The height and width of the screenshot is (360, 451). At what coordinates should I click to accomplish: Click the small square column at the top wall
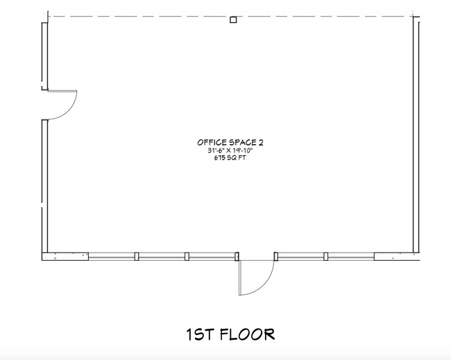[x=233, y=20]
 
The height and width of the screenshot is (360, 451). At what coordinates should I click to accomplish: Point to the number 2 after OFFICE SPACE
[x=261, y=142]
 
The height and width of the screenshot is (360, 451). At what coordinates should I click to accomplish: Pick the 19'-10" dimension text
[x=243, y=151]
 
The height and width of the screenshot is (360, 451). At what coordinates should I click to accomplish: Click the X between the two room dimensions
[x=228, y=151]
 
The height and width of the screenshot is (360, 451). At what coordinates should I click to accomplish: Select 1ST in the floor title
[x=201, y=334]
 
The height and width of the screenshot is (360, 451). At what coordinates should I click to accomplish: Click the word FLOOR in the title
[x=248, y=334]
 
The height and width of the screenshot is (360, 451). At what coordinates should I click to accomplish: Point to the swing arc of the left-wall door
[x=69, y=110]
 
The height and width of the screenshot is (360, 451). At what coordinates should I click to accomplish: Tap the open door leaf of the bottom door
[x=239, y=277]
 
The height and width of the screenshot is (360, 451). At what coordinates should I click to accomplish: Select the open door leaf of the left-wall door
[x=62, y=91]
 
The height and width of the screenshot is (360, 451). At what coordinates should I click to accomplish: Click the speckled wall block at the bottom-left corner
[x=65, y=257]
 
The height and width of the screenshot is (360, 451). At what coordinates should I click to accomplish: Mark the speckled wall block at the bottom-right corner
[x=397, y=257]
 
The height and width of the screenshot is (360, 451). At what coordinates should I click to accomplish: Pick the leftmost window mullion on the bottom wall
[x=137, y=257]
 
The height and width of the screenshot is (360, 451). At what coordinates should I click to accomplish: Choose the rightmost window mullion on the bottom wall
[x=326, y=257]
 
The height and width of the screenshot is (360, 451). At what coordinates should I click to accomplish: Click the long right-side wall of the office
[x=416, y=135]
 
